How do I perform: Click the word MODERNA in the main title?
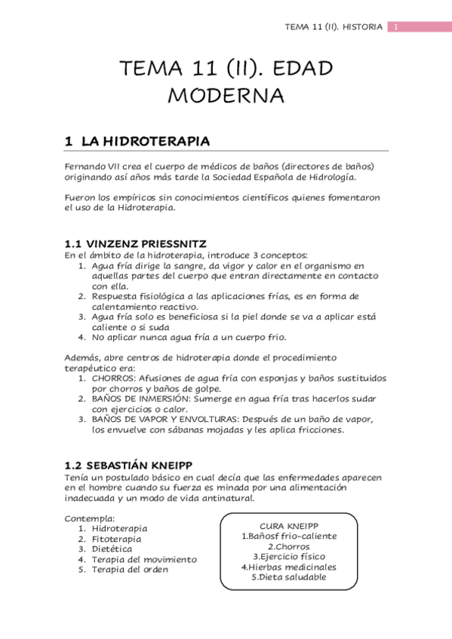pos(226,96)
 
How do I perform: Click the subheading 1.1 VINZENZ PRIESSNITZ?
pos(140,244)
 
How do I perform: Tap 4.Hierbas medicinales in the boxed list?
pos(289,567)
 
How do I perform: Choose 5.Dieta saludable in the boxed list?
pos(289,577)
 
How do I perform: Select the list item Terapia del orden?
pos(129,570)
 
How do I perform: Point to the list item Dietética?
pos(112,549)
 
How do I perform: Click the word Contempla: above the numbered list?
pos(90,518)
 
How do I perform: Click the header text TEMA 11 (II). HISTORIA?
pos(334,28)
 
